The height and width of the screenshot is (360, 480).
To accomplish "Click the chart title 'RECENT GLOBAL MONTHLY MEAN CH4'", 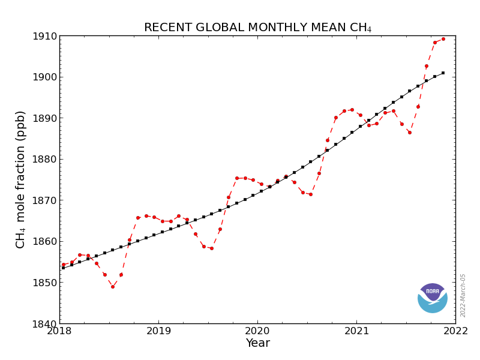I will click(257, 28).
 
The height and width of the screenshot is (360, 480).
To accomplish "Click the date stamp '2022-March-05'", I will click(463, 295).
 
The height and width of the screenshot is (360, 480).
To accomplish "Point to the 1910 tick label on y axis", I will click(46, 36).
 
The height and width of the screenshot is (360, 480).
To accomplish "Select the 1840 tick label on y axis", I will click(46, 324).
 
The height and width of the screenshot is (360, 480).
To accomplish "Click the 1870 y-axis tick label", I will click(46, 200).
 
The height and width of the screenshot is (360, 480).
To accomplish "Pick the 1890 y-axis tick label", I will click(46, 118).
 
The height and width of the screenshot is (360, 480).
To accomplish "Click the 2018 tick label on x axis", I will click(59, 331).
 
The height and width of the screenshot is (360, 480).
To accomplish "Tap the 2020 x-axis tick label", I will click(257, 331).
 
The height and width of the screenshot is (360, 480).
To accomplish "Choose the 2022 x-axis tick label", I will click(455, 331).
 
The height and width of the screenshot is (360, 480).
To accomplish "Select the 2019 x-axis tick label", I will click(158, 331).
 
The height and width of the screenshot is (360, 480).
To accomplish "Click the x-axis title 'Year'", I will click(257, 343).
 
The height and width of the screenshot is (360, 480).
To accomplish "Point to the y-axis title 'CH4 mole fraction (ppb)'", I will click(21, 179).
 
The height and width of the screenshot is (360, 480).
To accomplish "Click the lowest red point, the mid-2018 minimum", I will click(112, 287).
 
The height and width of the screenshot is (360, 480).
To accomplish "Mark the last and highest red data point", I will click(443, 39).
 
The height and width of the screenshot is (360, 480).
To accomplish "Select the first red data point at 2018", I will click(63, 265).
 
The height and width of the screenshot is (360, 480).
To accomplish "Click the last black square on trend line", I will click(443, 73).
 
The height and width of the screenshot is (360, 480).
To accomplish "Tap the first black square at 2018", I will click(63, 268).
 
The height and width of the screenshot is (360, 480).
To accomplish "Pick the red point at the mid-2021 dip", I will click(410, 133).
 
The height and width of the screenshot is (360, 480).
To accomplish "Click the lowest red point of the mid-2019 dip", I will click(211, 248).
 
